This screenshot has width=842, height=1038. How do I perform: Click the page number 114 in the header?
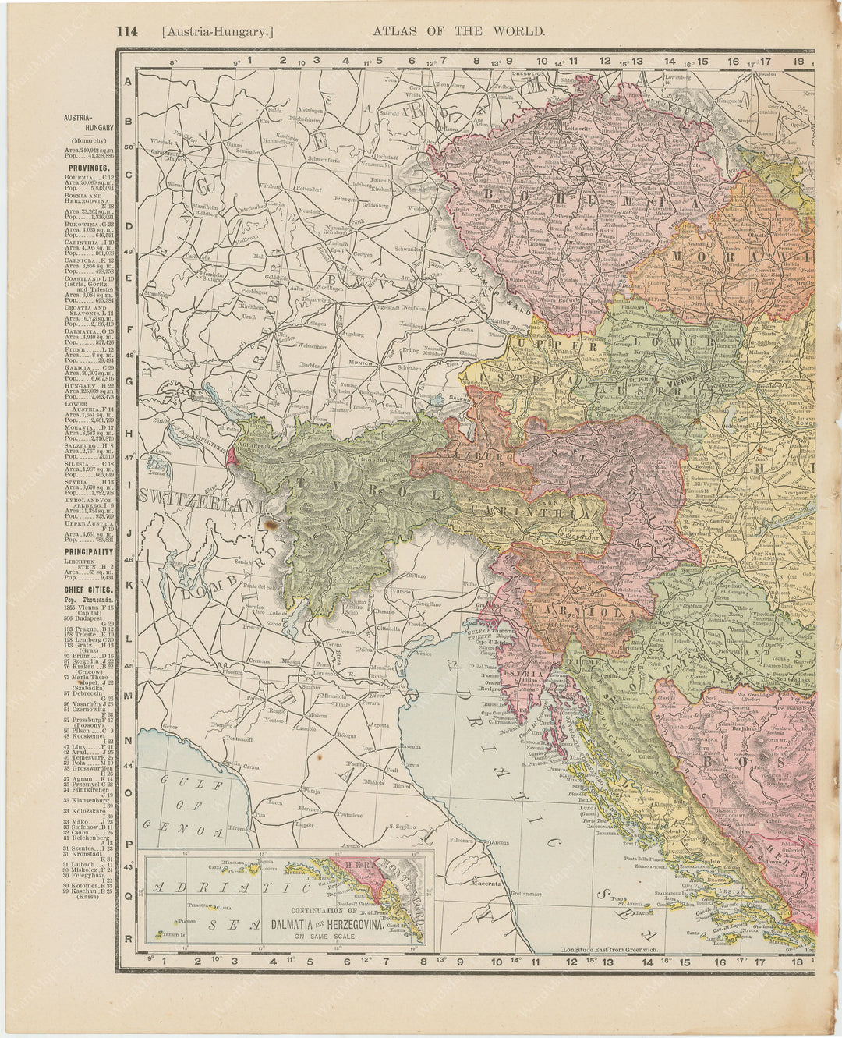tap(126, 31)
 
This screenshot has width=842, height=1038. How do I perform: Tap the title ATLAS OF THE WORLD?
tap(458, 31)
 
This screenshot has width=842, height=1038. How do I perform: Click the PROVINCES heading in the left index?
tap(87, 167)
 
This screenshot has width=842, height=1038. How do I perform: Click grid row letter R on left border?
tap(128, 938)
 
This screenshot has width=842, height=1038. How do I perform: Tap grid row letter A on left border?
tap(128, 80)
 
